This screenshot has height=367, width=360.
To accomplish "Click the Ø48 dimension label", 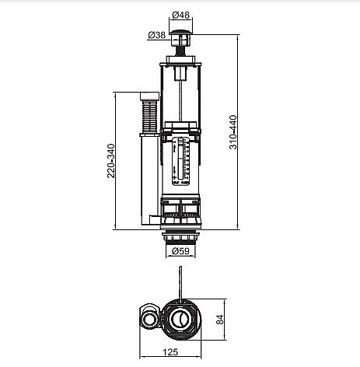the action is coord(181,15).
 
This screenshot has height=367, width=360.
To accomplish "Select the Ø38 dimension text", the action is coord(157,35).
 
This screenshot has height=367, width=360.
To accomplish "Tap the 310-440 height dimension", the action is coord(233,132).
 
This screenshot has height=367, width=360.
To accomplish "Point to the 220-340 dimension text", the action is coord(111,161).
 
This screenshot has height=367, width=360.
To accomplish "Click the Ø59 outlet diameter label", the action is coord(180,250).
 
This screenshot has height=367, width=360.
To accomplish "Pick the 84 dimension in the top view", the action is coord(219,320).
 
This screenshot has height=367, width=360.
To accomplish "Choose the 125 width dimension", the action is coord(170,351).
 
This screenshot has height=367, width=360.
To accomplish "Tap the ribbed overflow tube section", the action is coord(149,117).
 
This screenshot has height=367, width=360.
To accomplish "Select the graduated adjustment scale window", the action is coord(181,161).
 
